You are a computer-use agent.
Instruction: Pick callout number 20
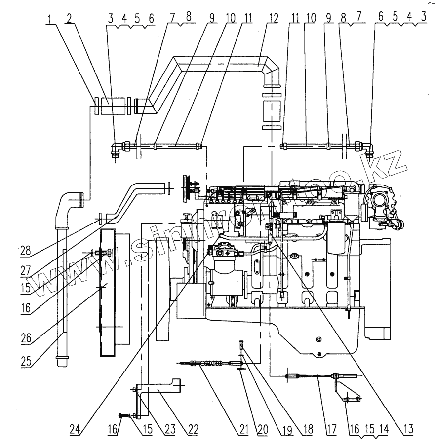pyautogui.click(x=262, y=429)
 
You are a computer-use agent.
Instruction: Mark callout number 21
pyautogui.click(x=243, y=429)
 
